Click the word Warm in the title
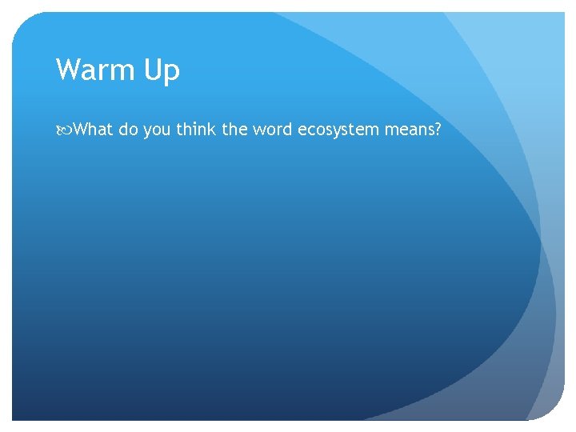(96, 70)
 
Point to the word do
(129, 130)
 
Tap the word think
(197, 130)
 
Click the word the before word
(235, 130)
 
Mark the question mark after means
(437, 130)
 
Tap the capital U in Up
(154, 70)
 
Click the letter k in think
(213, 130)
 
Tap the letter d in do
(123, 130)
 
